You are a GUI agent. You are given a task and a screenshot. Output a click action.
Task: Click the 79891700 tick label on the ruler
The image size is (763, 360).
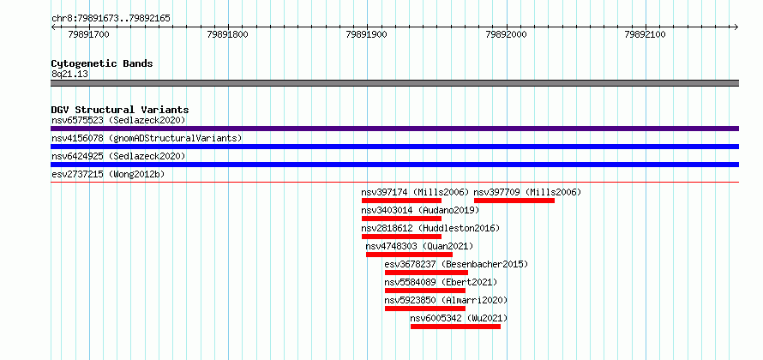pos(88,34)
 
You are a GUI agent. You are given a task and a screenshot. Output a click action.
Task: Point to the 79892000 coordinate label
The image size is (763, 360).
pos(506,34)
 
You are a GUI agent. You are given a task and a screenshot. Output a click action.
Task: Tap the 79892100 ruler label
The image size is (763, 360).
pos(646,34)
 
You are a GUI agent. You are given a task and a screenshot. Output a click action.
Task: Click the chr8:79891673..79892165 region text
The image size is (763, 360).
pos(111,19)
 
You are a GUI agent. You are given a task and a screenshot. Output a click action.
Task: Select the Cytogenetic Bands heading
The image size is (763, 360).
pos(102,63)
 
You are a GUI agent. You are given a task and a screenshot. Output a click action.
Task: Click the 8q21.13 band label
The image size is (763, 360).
pos(70,75)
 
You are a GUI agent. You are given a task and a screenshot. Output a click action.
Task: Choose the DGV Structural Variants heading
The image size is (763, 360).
pos(120,110)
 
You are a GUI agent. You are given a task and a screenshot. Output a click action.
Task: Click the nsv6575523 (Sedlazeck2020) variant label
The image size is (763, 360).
pos(118,120)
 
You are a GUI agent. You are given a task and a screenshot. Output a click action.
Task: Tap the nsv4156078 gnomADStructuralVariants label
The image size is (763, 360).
pos(147,138)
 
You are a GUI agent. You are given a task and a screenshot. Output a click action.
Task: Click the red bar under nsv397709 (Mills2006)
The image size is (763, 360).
pos(514,201)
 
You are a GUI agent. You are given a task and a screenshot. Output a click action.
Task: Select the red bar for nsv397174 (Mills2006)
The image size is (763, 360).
pos(401,201)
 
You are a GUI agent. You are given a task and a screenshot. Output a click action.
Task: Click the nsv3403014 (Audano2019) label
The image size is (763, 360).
pos(420,210)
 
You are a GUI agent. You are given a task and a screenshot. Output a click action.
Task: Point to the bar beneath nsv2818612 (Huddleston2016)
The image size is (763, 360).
pos(401,237)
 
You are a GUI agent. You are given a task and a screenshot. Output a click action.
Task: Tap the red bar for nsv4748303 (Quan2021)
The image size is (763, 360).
pos(409,255)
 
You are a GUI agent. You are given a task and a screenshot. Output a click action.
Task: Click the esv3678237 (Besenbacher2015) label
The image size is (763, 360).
pos(456,264)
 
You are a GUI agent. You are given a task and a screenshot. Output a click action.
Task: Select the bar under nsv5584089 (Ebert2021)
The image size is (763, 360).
pos(425,291)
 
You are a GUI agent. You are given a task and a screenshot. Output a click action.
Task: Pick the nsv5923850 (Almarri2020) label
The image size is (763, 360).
pos(446,300)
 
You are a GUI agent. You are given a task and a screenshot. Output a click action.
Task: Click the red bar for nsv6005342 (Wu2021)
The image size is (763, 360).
pos(455,327)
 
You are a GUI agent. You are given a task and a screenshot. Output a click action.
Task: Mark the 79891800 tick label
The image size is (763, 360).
pos(228,34)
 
